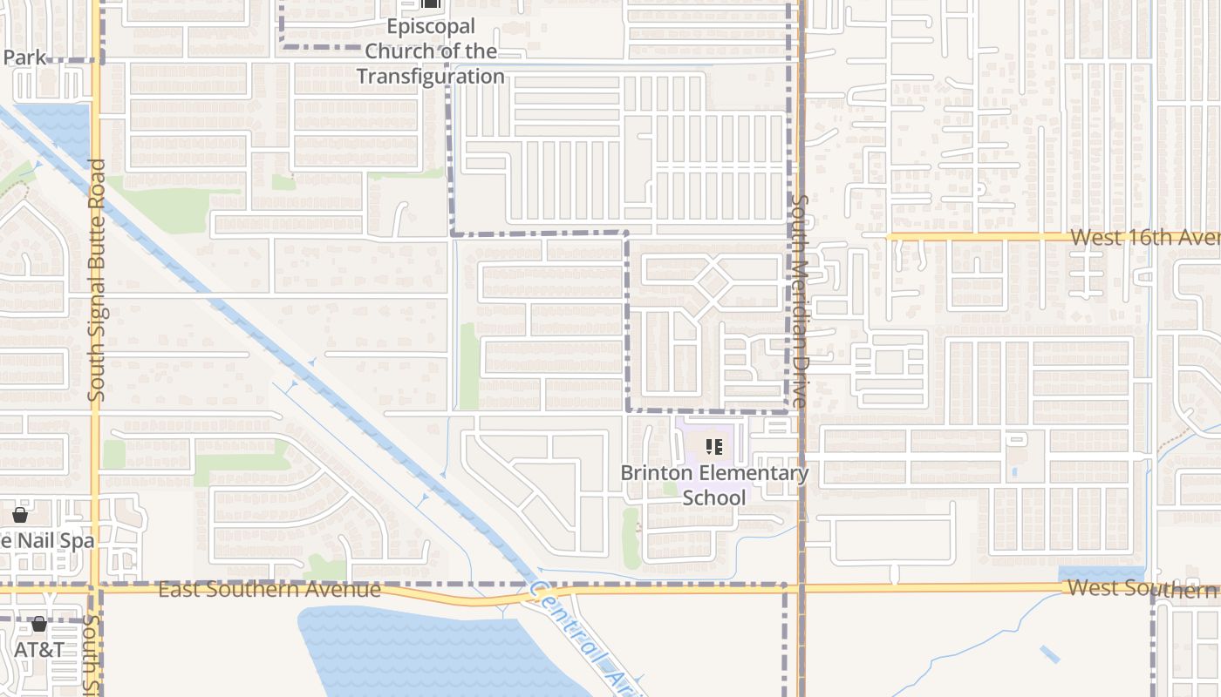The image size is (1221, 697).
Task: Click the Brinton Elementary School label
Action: point(714,485)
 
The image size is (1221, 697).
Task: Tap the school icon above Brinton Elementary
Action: point(714,448)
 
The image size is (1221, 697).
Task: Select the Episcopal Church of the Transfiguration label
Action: point(431,51)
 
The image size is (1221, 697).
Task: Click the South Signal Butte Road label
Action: point(97,281)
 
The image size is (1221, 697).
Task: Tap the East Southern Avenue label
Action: point(269,590)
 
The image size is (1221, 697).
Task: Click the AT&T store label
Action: point(39,650)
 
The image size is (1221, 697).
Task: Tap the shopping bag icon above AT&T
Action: point(39,625)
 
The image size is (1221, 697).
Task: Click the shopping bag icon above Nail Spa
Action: point(20,515)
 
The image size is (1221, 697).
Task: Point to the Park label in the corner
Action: point(24,58)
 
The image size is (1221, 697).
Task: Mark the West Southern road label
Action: point(1143,588)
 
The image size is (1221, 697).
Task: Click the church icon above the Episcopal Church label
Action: point(431,3)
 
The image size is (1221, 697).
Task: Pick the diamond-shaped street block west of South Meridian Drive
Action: point(713,281)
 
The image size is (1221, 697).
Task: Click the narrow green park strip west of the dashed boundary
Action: point(468,366)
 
